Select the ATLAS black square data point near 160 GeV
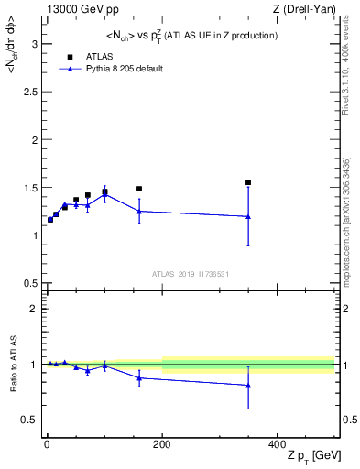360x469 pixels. point(139,189)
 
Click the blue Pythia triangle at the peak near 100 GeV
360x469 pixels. point(104,194)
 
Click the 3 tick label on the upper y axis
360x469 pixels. point(33,44)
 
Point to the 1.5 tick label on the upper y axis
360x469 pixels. point(28,188)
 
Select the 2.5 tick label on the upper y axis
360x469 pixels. point(28,92)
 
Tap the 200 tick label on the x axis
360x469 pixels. point(162,442)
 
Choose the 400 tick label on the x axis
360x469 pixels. point(277,442)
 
